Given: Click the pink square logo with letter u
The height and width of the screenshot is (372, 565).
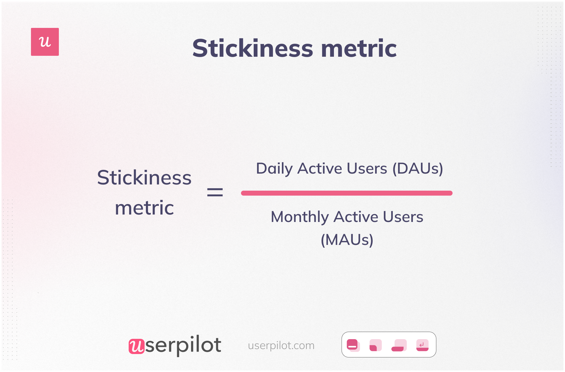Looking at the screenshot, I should [45, 42].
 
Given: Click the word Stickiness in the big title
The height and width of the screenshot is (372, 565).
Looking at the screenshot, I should [252, 48].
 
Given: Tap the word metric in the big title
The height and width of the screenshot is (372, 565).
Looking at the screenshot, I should [359, 48].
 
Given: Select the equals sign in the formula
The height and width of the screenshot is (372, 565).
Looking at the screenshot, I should [215, 192].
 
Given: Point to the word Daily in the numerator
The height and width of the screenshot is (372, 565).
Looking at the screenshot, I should [274, 169].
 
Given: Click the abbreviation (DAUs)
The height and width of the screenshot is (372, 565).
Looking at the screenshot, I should [418, 169].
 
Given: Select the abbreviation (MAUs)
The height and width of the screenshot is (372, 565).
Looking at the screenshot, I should [347, 240].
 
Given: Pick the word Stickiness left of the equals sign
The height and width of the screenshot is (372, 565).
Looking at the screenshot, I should [144, 178].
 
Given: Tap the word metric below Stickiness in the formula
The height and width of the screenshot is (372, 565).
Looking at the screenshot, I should [144, 208].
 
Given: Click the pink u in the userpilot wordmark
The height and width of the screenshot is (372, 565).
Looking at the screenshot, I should [136, 346].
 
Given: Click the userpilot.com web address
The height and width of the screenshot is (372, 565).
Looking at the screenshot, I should [281, 345].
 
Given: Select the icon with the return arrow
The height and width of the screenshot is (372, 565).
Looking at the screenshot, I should [422, 345].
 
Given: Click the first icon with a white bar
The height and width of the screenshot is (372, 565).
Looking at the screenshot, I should [353, 345].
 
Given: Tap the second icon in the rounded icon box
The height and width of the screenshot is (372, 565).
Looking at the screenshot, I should [375, 345].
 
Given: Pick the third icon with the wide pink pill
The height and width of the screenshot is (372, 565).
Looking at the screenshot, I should [399, 345].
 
